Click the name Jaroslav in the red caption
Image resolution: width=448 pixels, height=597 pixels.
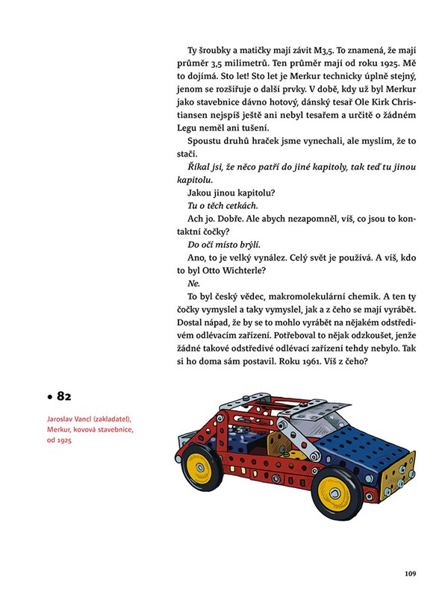click(62, 419)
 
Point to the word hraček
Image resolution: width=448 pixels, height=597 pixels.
click(264, 144)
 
